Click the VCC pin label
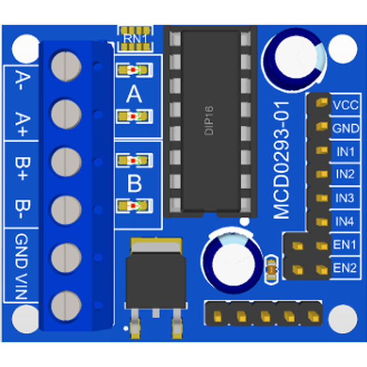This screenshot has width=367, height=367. coord(345,105)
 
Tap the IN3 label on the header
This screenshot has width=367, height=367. coord(345,198)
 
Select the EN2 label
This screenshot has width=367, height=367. coord(345,268)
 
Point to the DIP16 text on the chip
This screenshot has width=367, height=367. coord(209,120)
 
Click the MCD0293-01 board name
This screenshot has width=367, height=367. coord(282,161)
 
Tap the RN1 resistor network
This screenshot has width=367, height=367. coord(135,38)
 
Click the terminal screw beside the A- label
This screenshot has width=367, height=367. coord(67,67)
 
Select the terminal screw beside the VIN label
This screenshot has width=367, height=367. coord(67,305)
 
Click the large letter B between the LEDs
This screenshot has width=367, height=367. coord(134,183)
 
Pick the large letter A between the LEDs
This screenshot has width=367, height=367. coord(134,94)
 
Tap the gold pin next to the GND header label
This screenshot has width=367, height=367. coord(322,127)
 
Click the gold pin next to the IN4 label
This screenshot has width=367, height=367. coord(322,221)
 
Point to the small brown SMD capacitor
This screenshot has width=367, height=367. coord(271,270)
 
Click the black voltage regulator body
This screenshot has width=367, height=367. coord(156,283)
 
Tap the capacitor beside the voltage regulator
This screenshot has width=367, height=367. coord(233,261)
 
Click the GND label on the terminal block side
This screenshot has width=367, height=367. coord(22,251)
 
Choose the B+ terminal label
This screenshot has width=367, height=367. coord(22,169)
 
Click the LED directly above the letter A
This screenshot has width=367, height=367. coord(134,70)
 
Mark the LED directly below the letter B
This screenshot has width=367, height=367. coord(134,205)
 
